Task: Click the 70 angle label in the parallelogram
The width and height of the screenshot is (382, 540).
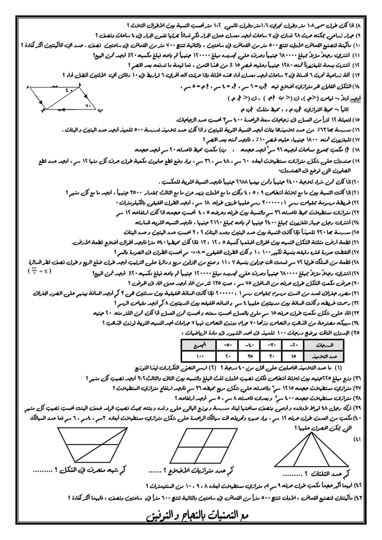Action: [x=88, y=105]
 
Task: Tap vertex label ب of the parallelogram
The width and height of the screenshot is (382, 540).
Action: [x=100, y=110]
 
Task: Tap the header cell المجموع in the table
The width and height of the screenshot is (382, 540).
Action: [x=199, y=345]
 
